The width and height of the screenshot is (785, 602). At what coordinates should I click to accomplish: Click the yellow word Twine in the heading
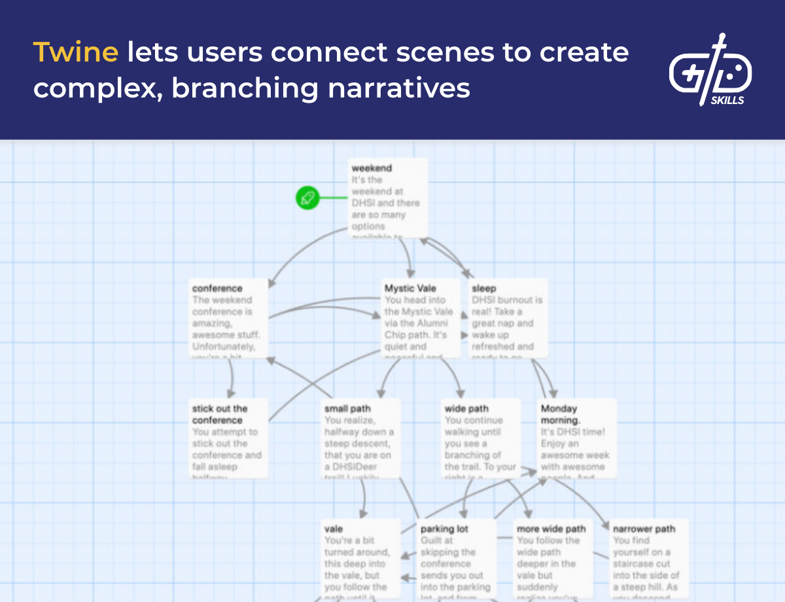tap(75, 52)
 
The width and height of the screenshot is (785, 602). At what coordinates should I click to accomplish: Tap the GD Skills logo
tap(710, 69)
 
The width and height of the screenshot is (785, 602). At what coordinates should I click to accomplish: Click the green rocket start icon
tap(307, 198)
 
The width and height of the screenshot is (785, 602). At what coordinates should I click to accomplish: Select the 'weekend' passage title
tap(372, 168)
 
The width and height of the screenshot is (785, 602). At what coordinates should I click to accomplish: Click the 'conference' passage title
tap(217, 288)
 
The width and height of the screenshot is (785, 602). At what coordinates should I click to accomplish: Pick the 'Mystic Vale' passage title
tap(410, 288)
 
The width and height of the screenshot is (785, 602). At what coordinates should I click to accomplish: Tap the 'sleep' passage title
tap(484, 288)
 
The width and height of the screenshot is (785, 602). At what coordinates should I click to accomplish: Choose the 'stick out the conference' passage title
tap(220, 414)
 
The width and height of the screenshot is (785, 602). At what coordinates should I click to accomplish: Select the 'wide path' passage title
tap(466, 409)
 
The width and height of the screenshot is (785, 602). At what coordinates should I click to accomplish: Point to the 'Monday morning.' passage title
tap(560, 414)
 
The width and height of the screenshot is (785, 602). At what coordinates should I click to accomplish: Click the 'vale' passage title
tap(334, 529)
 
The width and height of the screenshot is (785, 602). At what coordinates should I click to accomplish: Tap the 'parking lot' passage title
tap(444, 529)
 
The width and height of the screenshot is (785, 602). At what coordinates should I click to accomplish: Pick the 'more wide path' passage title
tap(551, 529)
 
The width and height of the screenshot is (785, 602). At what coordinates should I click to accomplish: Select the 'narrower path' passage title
tap(644, 529)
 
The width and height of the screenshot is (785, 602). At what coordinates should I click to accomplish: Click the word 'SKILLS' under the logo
tap(727, 100)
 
